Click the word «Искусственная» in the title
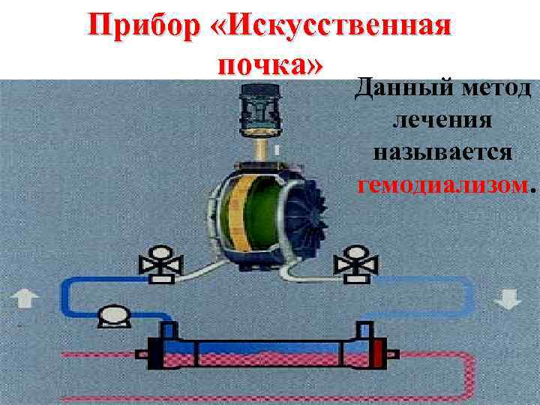[x=334, y=28]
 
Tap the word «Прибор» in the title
[x=141, y=28]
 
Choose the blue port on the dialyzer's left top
[x=169, y=331]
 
